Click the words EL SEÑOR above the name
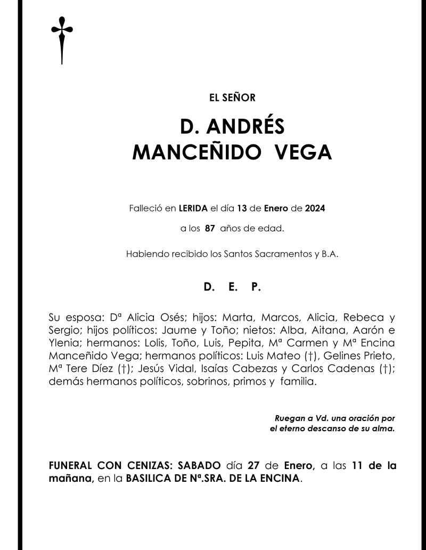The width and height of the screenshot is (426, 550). click(x=232, y=98)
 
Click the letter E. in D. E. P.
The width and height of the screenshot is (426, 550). click(x=232, y=287)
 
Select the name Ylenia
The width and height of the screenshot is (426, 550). click(x=62, y=342)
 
